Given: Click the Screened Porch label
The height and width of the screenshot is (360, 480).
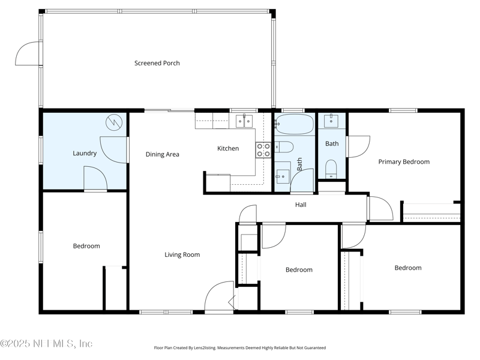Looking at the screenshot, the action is click(157, 63).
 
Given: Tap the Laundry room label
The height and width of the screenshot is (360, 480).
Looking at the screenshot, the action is click(85, 153).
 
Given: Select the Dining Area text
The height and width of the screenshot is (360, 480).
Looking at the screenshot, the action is click(162, 154).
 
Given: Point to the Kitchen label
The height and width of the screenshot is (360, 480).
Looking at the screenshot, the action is click(228, 148).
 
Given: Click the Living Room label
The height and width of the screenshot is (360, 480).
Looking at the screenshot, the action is click(182, 254).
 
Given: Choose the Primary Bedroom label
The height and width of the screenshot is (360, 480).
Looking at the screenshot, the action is click(404, 161).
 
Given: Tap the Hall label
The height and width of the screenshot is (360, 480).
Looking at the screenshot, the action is click(301, 205).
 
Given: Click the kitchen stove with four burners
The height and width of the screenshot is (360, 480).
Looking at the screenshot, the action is click(263, 150).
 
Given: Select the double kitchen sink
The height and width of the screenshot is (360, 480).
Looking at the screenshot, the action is click(244, 121).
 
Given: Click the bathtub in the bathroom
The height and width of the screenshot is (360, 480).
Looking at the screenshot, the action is click(294, 124).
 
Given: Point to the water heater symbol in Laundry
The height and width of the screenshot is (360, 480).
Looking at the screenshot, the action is click(114, 122).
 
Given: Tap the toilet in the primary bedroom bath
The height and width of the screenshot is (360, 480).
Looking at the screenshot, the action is click(331, 169).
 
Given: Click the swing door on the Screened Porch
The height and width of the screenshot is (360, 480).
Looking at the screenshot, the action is click(28, 53).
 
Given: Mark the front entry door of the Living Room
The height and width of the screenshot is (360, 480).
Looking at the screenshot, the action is click(219, 296).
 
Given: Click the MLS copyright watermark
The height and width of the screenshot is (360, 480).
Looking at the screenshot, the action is click(46, 343).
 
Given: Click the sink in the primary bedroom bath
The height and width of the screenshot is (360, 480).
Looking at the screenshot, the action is click(331, 121).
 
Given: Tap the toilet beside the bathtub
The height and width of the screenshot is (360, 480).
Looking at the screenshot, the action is click(284, 147).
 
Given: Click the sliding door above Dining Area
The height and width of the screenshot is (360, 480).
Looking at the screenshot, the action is click(169, 110).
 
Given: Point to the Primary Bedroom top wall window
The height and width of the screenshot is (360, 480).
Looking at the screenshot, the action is click(403, 110).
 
